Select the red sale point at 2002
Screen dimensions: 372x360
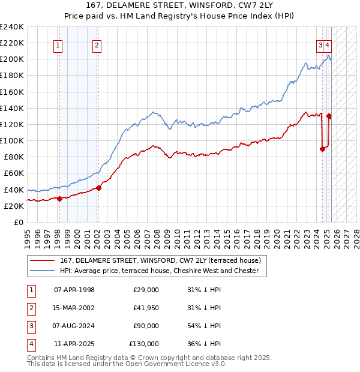click(x=98, y=188)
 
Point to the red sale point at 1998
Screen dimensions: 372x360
click(x=59, y=199)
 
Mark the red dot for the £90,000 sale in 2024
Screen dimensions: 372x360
click(x=322, y=149)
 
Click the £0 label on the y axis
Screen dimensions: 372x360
click(x=18, y=222)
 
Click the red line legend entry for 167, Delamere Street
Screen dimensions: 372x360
click(x=160, y=260)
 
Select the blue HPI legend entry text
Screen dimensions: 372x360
click(x=159, y=271)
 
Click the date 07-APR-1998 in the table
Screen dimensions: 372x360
click(x=74, y=290)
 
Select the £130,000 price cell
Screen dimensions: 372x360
click(x=143, y=344)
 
